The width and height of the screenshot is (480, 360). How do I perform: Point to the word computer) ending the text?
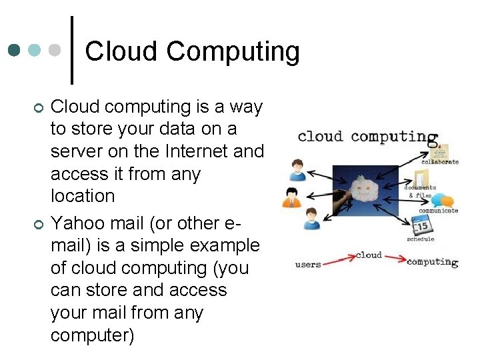pos(92,335)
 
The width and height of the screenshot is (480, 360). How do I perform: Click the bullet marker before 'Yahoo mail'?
pos(38,224)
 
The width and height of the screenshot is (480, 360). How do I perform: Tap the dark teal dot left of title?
pos(15,51)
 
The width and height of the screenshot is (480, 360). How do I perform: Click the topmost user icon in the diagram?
pos(297,169)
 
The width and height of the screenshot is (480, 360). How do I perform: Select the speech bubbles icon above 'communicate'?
pos(442,200)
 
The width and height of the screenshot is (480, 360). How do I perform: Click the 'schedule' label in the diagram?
pos(420,239)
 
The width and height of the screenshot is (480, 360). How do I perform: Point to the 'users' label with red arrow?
pos(308,264)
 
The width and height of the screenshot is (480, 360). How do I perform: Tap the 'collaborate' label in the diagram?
pos(440,162)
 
